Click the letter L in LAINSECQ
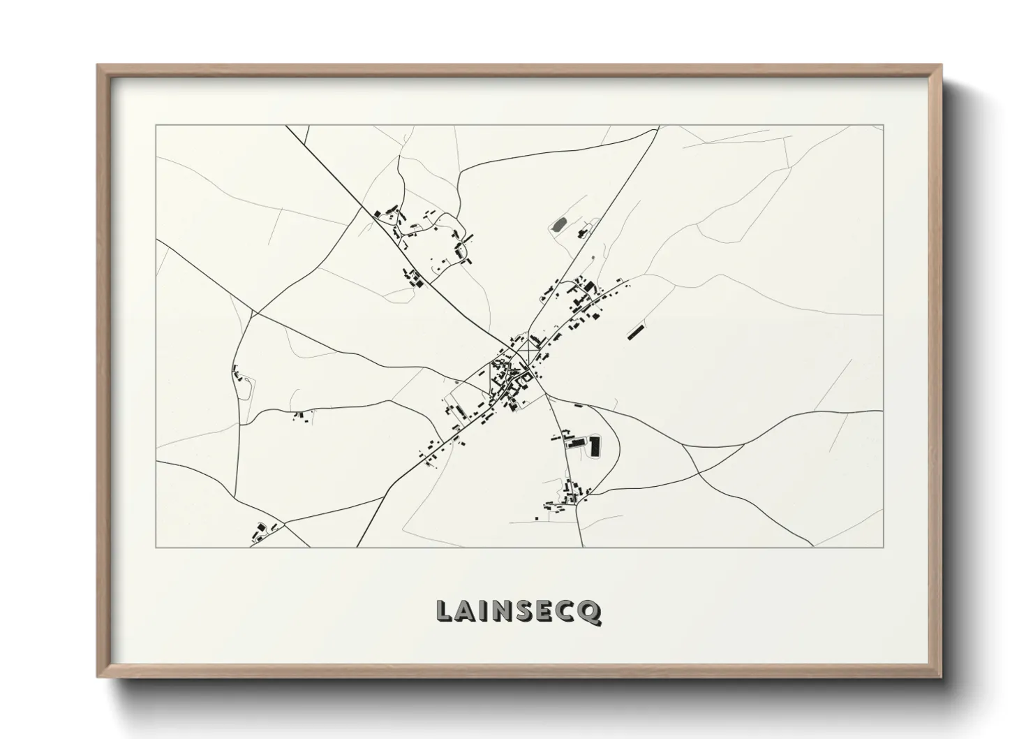[x=444, y=611]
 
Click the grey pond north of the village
[x=558, y=225]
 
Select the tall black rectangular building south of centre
[x=595, y=446]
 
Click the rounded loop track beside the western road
[x=245, y=388]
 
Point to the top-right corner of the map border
[x=883, y=125]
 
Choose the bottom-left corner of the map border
[x=156, y=547]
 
